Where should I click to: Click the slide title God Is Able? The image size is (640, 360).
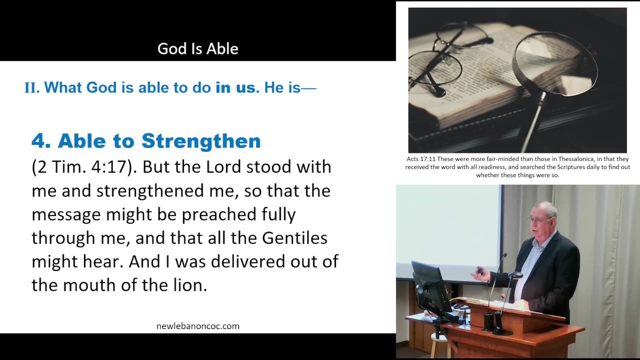click(x=197, y=48)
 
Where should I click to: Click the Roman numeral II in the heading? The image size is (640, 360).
click(x=31, y=88)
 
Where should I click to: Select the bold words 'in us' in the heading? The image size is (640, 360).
click(x=235, y=87)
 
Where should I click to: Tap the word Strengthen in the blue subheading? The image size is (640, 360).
click(x=201, y=141)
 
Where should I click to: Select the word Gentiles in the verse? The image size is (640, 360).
click(x=294, y=238)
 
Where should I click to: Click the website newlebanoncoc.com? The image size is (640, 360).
click(x=197, y=326)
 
